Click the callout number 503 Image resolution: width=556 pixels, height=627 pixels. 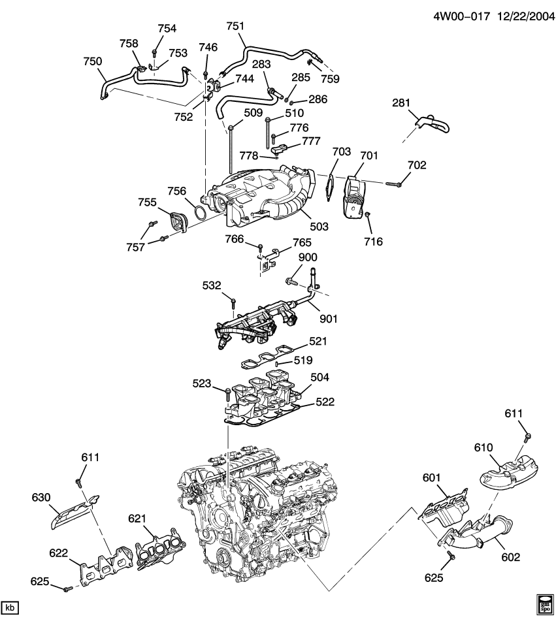(319, 227)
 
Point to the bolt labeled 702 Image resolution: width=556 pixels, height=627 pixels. (391, 184)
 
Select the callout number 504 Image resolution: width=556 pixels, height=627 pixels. (320, 378)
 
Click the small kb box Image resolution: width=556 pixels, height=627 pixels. (10, 608)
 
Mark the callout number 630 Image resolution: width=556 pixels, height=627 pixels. (41, 498)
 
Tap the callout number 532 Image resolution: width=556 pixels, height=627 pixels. (212, 285)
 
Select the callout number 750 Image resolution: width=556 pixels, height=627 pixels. (93, 61)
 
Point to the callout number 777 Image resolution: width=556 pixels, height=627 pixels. (311, 141)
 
